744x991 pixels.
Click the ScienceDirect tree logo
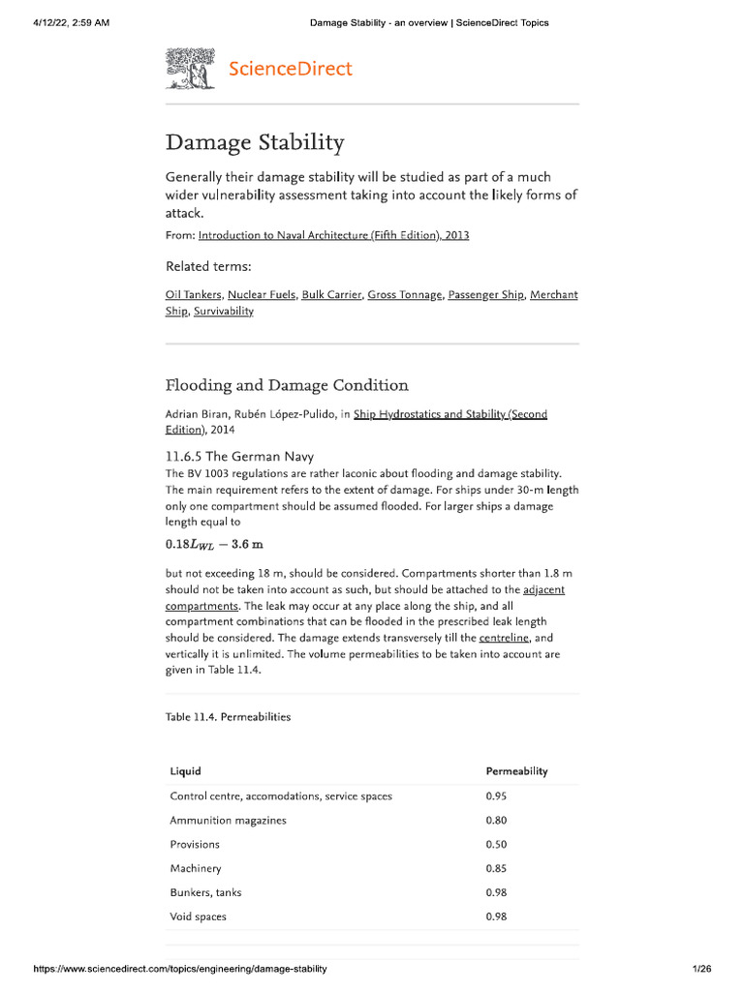pyautogui.click(x=190, y=69)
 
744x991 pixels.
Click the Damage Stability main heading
pyautogui.click(x=255, y=143)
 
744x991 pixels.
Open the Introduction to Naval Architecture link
pyautogui.click(x=333, y=235)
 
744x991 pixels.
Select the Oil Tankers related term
pyautogui.click(x=193, y=294)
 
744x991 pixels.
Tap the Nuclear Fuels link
pyautogui.click(x=261, y=294)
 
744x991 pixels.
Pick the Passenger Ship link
pyautogui.click(x=484, y=294)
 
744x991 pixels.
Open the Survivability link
pyautogui.click(x=223, y=311)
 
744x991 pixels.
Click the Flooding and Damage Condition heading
pyautogui.click(x=287, y=385)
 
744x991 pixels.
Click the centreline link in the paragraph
pyautogui.click(x=504, y=638)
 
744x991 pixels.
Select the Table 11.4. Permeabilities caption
pyautogui.click(x=229, y=717)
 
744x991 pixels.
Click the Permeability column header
pyautogui.click(x=516, y=771)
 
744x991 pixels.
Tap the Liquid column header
pyautogui.click(x=185, y=771)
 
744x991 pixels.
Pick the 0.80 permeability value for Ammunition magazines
pyautogui.click(x=496, y=821)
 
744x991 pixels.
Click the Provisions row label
pyautogui.click(x=195, y=845)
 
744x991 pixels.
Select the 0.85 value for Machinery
pyautogui.click(x=496, y=869)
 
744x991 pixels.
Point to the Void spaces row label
pyautogui.click(x=198, y=916)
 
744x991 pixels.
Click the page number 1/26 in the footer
pyautogui.click(x=701, y=969)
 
